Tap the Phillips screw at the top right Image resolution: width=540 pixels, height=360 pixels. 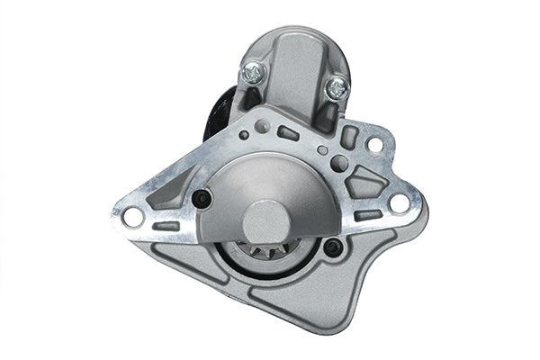(337, 87)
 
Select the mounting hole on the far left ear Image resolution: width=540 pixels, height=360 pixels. (132, 217)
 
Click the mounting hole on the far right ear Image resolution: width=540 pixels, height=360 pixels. (399, 203)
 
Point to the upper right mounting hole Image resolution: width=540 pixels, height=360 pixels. (373, 144)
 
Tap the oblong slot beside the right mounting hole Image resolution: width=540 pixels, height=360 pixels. (367, 216)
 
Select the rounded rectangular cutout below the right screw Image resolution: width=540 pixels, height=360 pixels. (349, 137)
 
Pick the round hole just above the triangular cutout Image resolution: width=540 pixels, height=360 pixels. (338, 163)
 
